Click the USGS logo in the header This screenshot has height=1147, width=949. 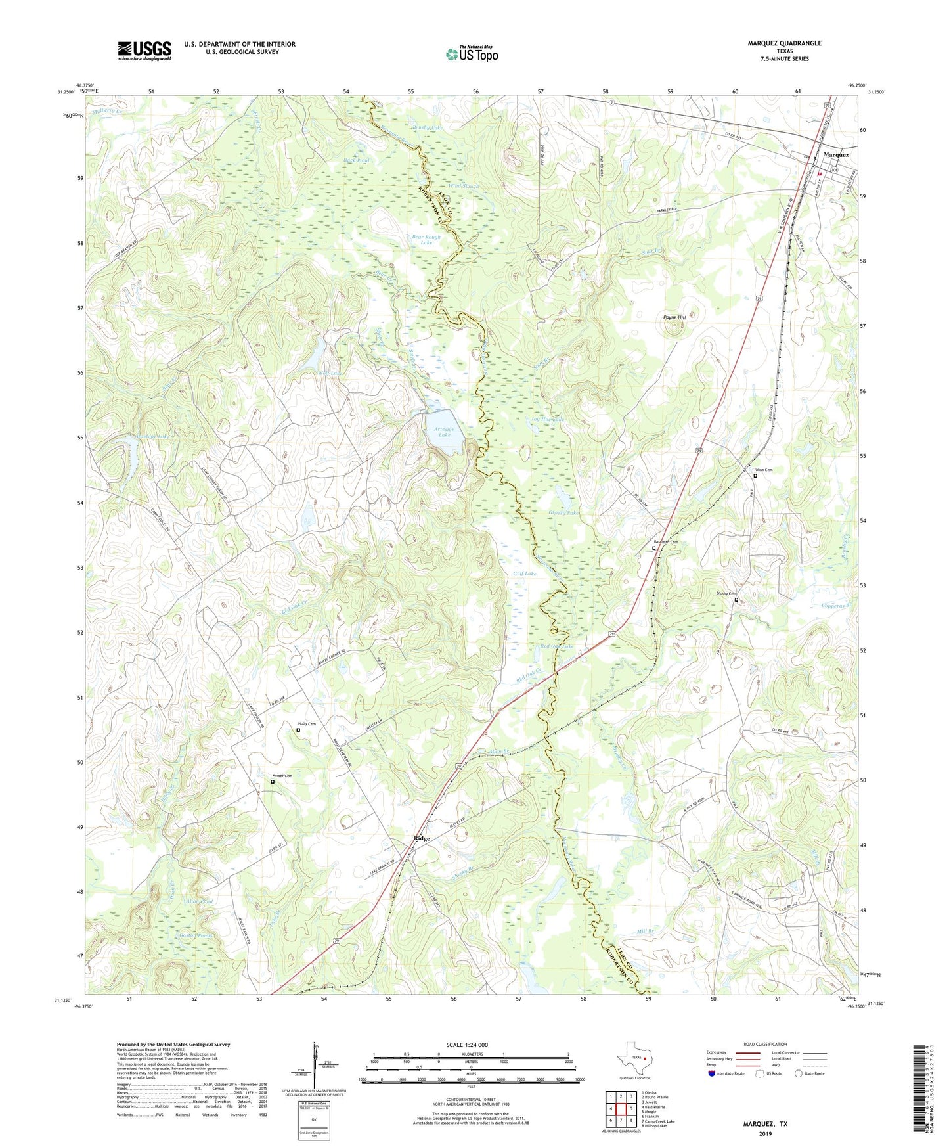pos(144,51)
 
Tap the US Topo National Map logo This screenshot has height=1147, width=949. pos(472,53)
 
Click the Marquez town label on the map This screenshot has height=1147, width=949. pos(835,155)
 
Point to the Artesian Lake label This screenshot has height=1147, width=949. pos(445,432)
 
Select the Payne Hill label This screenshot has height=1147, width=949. pos(674,317)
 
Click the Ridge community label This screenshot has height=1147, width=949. pos(422,839)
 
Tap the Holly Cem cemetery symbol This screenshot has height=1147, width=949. pos(298,729)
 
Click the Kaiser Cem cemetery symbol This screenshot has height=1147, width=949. pos(273,782)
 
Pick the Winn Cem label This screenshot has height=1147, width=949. pos(764,470)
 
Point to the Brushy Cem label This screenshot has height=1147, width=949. pos(726,593)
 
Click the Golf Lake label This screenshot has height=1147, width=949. pos(524,573)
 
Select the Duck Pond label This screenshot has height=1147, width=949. pos(357,160)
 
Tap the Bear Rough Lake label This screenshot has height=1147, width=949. pos(426,240)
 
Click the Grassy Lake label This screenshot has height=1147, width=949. pos(563,513)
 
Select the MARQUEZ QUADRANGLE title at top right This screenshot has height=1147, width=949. pos(784,43)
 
